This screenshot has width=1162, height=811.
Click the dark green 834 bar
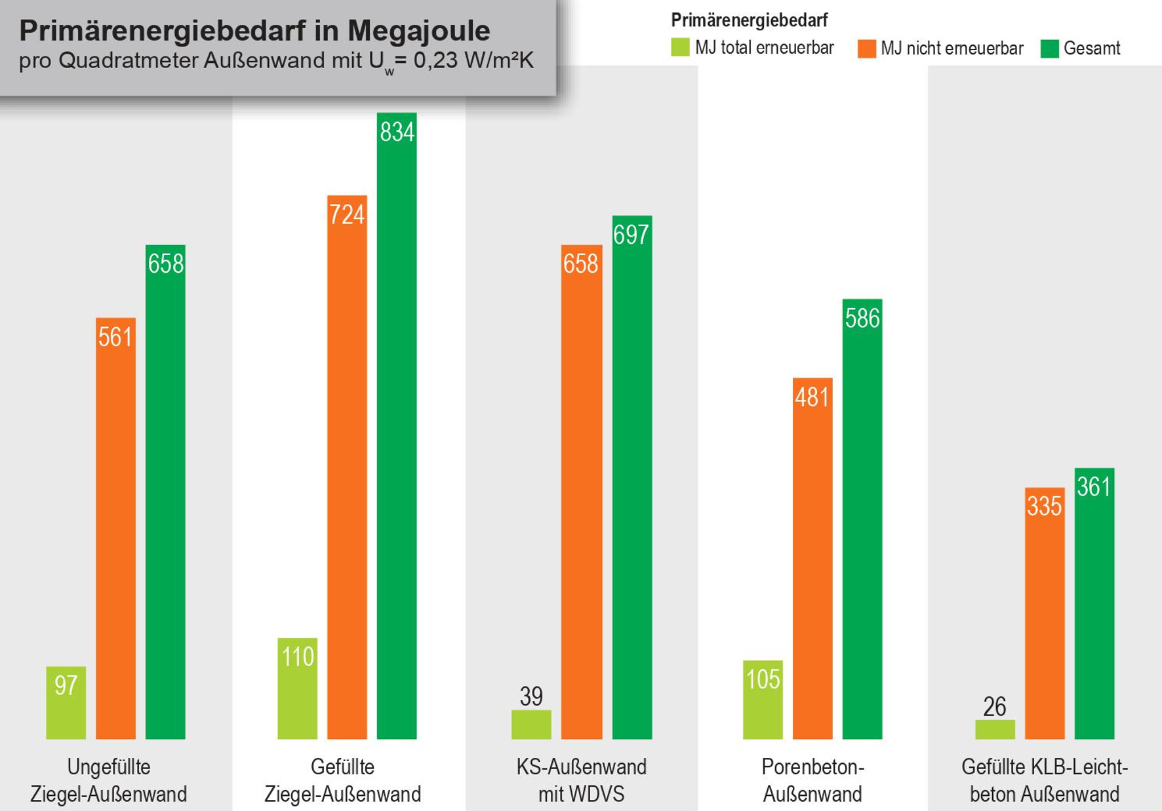point(396,426)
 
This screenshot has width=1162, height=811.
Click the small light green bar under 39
point(531,724)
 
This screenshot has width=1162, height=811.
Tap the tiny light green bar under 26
point(995,729)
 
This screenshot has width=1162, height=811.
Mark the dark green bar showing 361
point(1094,603)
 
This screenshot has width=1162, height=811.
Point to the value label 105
point(763,679)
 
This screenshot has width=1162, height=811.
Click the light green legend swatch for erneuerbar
point(680,48)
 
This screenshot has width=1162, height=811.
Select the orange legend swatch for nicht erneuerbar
point(866,49)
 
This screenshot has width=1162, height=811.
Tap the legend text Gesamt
point(1091,49)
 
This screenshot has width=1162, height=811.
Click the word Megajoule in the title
point(418,30)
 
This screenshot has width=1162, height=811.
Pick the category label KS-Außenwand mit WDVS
point(581,780)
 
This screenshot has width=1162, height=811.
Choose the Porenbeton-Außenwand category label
point(812,780)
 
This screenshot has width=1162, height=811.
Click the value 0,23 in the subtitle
point(435,60)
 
